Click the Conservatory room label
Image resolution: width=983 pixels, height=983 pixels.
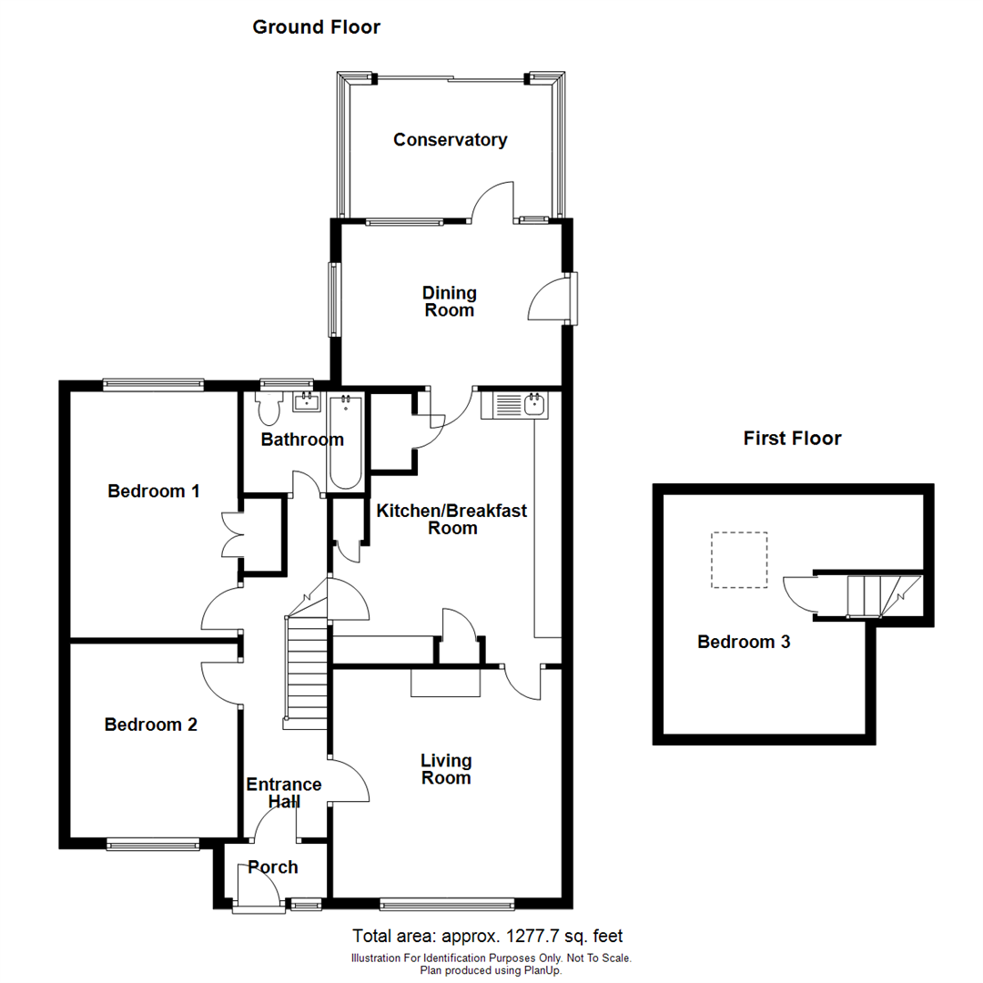[450, 140]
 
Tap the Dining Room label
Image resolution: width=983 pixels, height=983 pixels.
[450, 301]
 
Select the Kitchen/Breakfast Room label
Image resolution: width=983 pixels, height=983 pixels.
[452, 520]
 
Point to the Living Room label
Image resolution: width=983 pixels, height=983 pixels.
[446, 769]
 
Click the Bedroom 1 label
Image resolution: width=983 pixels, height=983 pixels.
[154, 491]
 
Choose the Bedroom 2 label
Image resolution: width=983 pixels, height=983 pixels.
[151, 725]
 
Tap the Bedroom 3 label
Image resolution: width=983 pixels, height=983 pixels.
[744, 642]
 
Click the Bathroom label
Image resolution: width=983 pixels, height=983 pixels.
[302, 441]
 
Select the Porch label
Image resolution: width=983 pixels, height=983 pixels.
[273, 867]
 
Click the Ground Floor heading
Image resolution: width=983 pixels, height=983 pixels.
[316, 27]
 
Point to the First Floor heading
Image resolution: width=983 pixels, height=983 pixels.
[792, 439]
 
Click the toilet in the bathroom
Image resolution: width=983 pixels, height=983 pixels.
[269, 410]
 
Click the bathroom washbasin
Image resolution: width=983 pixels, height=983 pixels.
[304, 401]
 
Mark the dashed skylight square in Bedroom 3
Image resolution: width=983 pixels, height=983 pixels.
[739, 560]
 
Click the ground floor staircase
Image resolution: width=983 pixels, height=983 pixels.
[307, 672]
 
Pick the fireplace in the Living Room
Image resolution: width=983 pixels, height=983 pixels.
[445, 684]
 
